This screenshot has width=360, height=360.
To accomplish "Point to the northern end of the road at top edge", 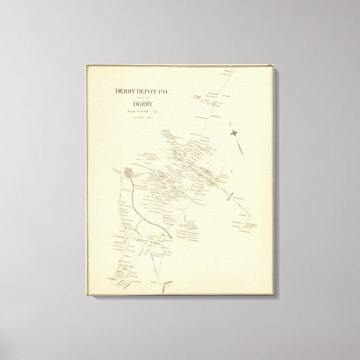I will click(x=230, y=70).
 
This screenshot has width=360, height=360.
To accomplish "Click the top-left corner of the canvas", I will click(x=86, y=65).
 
